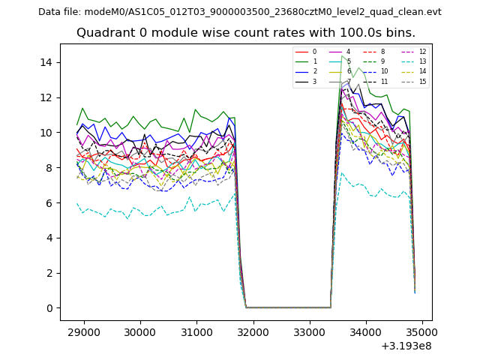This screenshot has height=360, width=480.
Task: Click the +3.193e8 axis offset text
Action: click(x=406, y=346)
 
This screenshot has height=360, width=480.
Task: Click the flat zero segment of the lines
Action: click(x=289, y=307)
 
